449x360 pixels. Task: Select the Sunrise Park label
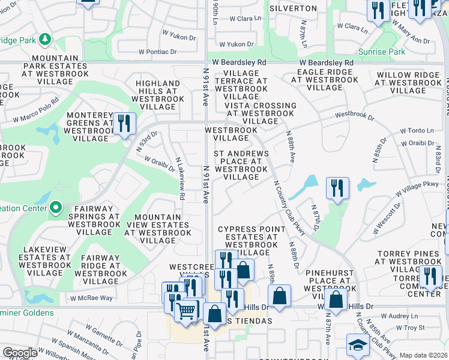tap(381, 52)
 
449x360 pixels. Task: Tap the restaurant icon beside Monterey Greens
tap(124, 124)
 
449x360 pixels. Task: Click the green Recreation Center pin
tap(56, 208)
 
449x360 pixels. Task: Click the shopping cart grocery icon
tap(186, 310)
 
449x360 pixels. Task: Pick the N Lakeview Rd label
tap(179, 179)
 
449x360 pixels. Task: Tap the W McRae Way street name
tap(91, 298)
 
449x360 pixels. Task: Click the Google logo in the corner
tap(20, 353)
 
